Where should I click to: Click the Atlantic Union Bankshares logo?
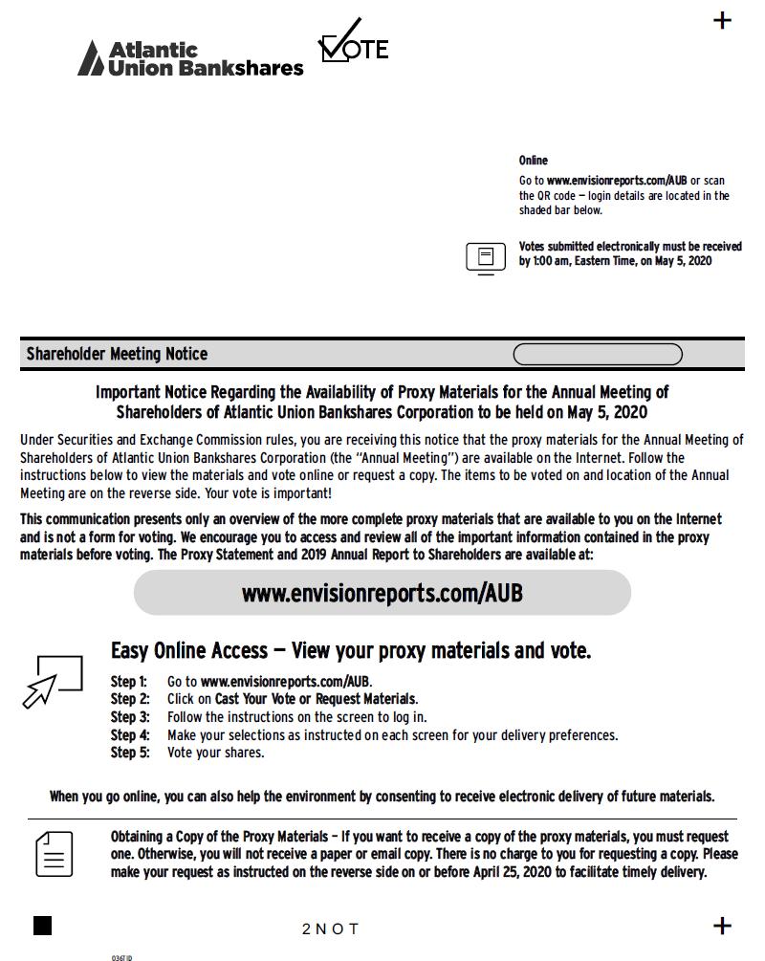(190, 57)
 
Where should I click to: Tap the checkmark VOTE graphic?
(353, 43)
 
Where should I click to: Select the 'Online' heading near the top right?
(534, 161)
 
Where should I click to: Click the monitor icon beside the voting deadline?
(486, 257)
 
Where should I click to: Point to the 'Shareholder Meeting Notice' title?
(117, 354)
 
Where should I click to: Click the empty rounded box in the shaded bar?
(598, 355)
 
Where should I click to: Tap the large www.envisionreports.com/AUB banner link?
(382, 593)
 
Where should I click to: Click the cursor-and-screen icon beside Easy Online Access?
(53, 680)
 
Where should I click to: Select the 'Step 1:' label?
(129, 682)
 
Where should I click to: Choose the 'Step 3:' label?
(129, 717)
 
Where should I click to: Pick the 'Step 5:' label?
(129, 753)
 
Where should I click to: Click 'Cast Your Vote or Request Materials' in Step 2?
(316, 699)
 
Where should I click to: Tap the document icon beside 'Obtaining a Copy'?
(55, 854)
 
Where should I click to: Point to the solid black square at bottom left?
(43, 926)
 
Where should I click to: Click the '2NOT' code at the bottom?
(330, 929)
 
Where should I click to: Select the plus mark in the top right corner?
(723, 20)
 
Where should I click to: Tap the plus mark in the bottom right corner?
(723, 926)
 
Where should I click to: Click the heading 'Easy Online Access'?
(189, 651)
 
